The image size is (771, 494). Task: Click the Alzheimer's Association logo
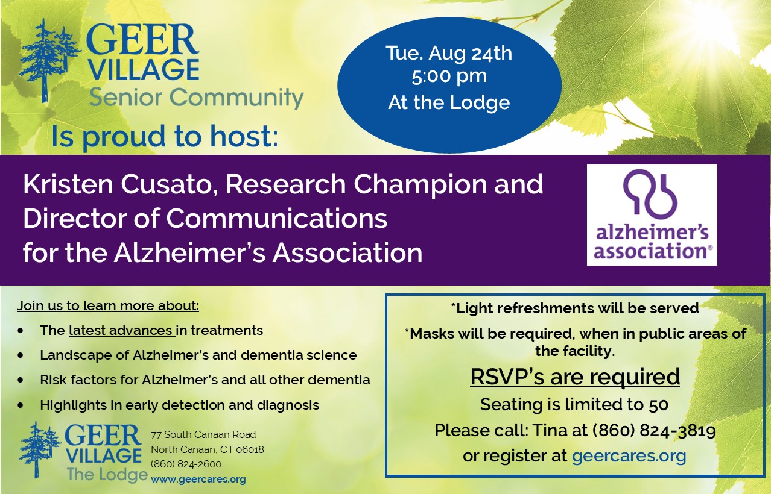[x=652, y=215]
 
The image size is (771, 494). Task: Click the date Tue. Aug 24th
[x=449, y=53]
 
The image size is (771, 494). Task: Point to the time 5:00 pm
[x=449, y=77]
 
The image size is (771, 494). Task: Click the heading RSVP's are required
[x=575, y=377]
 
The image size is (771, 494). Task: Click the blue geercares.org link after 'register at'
[x=629, y=456]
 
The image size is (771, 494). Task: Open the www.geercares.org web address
[x=198, y=479]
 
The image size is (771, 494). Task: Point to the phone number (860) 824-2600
[x=186, y=464]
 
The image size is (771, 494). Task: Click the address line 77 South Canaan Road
[x=203, y=434]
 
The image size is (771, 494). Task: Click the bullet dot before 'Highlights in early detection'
[x=21, y=405]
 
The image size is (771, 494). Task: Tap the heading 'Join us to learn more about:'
[x=108, y=305]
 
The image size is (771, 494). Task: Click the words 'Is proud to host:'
[x=165, y=137]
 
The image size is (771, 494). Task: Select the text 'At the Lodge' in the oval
[x=449, y=102]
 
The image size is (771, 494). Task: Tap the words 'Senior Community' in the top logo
[x=196, y=97]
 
